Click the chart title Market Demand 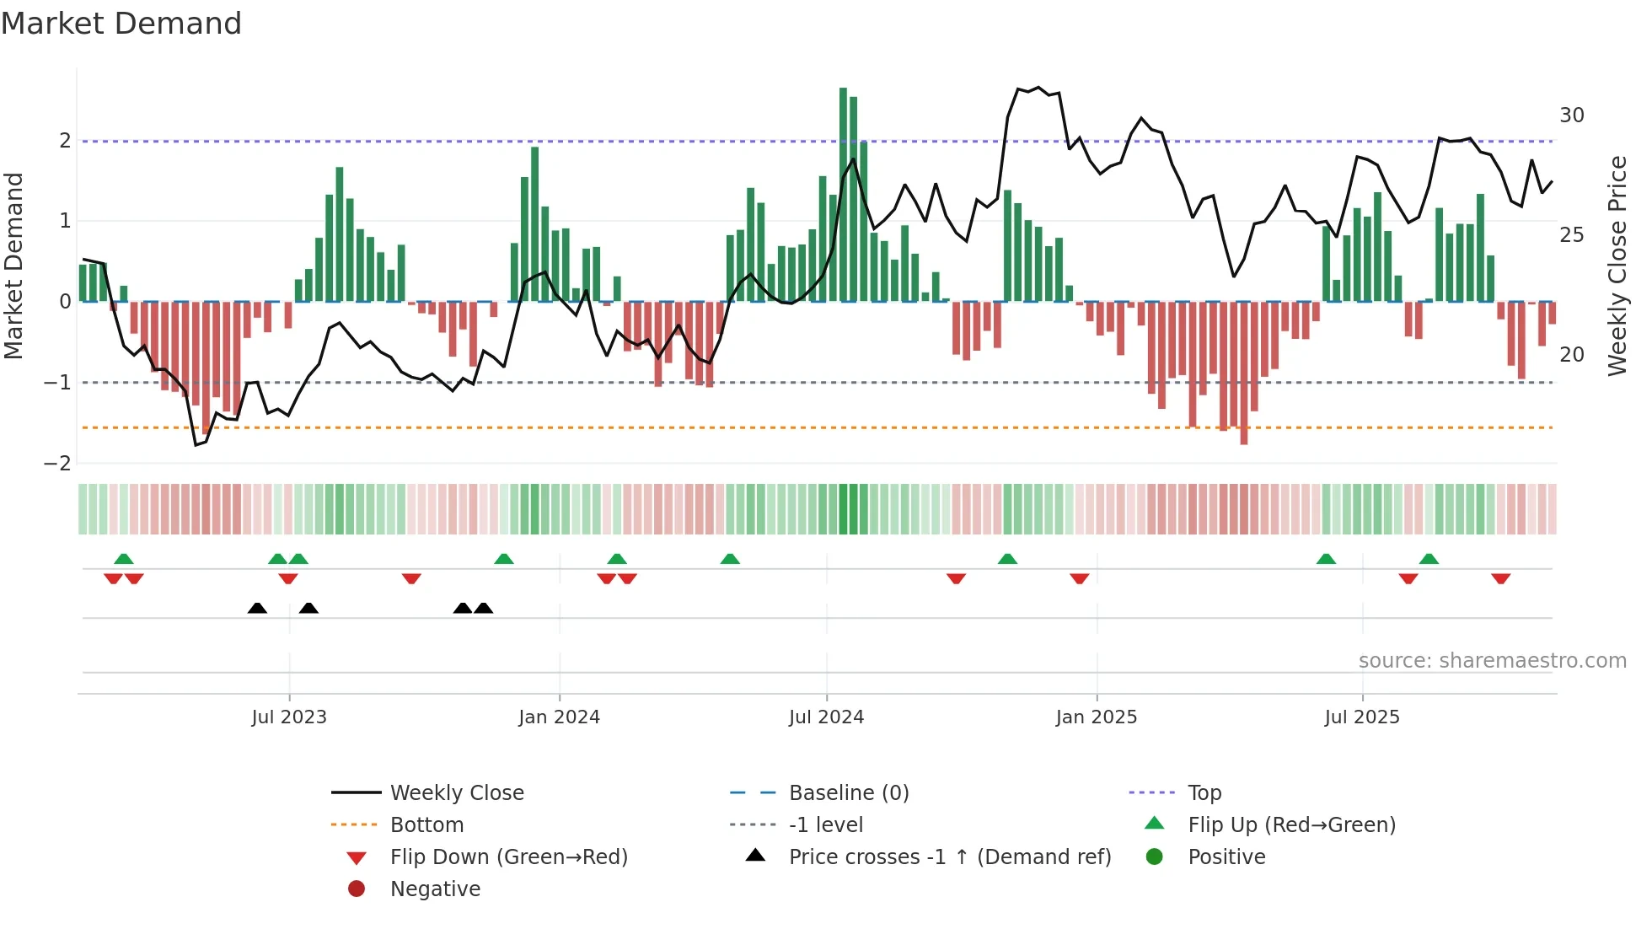click(x=121, y=24)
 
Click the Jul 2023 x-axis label click(x=288, y=717)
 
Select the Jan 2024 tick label click(x=559, y=717)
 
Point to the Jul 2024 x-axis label click(x=826, y=717)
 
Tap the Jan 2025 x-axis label click(x=1096, y=717)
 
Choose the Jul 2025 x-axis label click(x=1361, y=717)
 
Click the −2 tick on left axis click(x=57, y=464)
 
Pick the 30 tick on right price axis click(x=1571, y=115)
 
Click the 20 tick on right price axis click(x=1571, y=355)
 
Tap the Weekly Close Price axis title click(x=1617, y=266)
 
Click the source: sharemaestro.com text click(x=1492, y=661)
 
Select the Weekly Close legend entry click(x=456, y=793)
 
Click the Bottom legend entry click(x=426, y=825)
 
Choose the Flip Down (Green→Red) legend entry click(x=508, y=857)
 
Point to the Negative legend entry click(x=435, y=889)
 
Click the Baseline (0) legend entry click(x=848, y=793)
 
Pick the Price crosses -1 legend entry click(x=949, y=857)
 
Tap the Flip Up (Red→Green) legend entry click(x=1291, y=825)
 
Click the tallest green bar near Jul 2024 click(x=843, y=194)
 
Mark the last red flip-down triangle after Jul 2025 click(x=1500, y=578)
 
